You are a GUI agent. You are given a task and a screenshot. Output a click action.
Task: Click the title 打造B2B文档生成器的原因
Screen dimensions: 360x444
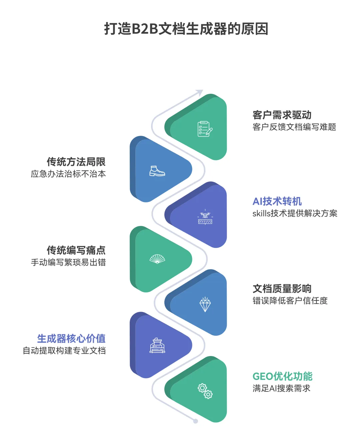pos(186,29)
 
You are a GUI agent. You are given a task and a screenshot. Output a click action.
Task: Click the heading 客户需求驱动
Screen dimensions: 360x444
pos(282,115)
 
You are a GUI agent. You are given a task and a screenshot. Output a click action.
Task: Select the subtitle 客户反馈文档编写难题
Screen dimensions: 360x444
pos(294,127)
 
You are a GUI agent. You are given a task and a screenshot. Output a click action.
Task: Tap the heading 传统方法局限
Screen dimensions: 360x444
pos(76,162)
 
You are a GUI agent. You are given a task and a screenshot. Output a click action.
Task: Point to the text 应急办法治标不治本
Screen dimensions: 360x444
pos(68,174)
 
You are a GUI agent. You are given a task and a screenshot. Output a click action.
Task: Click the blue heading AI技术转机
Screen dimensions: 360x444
pos(277,201)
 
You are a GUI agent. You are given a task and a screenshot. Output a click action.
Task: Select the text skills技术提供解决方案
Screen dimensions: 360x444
pos(295,213)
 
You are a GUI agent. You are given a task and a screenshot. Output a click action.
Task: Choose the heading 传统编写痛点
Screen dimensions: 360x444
pos(76,250)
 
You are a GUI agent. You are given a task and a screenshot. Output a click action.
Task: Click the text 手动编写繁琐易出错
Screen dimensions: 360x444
pos(68,262)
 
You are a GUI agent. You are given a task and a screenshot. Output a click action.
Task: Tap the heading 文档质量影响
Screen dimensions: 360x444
pos(282,289)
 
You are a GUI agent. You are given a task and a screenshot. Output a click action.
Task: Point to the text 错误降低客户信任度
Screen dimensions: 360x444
pos(290,301)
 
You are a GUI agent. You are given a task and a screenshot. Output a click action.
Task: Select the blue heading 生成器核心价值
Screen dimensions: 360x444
pos(71,339)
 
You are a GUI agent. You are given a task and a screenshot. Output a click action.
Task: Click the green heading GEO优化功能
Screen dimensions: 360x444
pos(282,376)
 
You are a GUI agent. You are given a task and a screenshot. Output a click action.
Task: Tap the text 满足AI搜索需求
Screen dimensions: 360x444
pos(281,388)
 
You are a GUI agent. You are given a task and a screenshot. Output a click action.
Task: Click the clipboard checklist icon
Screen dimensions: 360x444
pos(205,129)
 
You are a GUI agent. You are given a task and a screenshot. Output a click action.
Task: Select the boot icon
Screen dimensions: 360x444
pos(157,171)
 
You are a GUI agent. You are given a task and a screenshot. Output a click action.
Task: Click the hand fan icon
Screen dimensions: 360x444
pos(157,259)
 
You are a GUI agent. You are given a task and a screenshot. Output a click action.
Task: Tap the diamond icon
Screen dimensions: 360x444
pos(205,304)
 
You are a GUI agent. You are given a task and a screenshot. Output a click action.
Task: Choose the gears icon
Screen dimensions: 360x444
pos(205,391)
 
